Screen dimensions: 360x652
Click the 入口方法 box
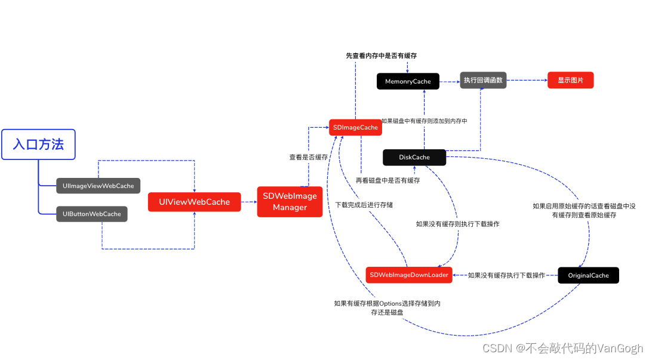coord(38,144)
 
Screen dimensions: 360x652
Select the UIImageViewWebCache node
coord(98,186)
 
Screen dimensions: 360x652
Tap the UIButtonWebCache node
coord(91,214)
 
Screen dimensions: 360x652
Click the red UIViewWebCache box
coord(194,202)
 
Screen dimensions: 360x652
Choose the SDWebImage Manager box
coord(290,202)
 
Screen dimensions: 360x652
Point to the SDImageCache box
coord(355,127)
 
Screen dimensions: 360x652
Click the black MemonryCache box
coord(408,81)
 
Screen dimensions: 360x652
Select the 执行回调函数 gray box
coord(483,80)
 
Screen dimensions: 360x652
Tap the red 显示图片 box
coord(570,80)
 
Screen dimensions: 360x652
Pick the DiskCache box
coord(414,158)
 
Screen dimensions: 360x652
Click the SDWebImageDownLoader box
coord(408,275)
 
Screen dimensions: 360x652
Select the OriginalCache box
coord(588,275)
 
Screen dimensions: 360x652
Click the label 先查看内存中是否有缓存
coord(381,56)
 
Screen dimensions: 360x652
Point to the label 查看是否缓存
coord(308,158)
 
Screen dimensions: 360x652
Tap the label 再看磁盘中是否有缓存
coord(387,180)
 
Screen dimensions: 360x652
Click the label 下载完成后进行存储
coord(364,205)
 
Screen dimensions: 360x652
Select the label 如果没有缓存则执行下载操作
coord(457,224)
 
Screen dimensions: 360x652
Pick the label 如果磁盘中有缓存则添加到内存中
coord(424,121)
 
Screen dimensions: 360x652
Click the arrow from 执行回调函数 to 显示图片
coord(527,80)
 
